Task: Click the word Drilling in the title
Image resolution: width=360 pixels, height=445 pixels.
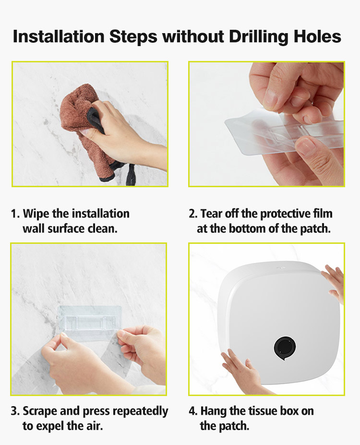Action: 259,37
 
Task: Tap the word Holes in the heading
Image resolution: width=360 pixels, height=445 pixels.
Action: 317,36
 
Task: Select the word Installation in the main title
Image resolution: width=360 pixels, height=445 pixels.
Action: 59,36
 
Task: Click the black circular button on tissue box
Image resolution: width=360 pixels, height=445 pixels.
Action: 285,348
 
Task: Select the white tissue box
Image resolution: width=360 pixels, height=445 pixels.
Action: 279,324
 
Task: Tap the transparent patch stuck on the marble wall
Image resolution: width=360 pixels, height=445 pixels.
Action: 89,319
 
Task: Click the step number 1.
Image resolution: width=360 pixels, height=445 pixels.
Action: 15,214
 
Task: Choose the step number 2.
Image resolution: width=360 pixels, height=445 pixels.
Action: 193,214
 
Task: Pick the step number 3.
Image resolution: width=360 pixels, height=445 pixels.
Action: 15,411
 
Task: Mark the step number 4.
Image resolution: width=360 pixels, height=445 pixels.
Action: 193,411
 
